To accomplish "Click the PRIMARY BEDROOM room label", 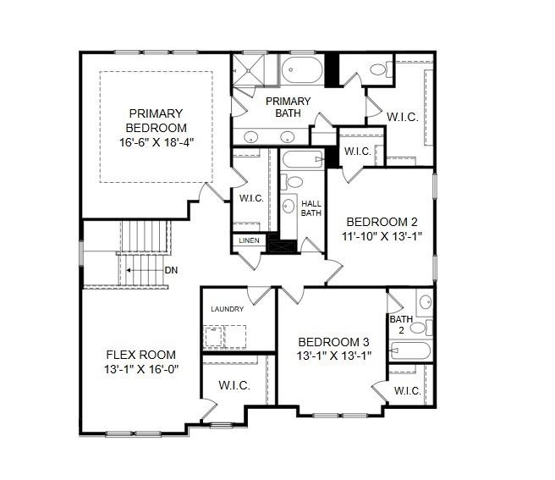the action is [156, 120].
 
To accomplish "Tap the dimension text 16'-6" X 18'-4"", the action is [157, 142].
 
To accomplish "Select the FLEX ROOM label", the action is [141, 355].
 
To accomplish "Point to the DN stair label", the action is [171, 270].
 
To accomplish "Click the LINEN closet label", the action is [249, 240].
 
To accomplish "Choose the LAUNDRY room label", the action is [228, 309].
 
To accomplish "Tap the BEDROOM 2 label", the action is [382, 222].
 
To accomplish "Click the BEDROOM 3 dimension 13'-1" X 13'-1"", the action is [334, 356].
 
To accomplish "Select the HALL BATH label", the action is [311, 208].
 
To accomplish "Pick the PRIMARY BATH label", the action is [288, 107].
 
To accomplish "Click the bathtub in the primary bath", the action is [302, 69].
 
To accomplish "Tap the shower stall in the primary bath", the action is [249, 69].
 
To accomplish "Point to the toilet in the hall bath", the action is [291, 182].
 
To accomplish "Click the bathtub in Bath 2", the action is [410, 350].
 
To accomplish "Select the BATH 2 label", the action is [401, 324].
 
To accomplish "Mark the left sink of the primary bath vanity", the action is [251, 136].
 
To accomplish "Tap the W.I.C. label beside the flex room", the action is [234, 385].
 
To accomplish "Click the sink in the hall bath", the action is [288, 206].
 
